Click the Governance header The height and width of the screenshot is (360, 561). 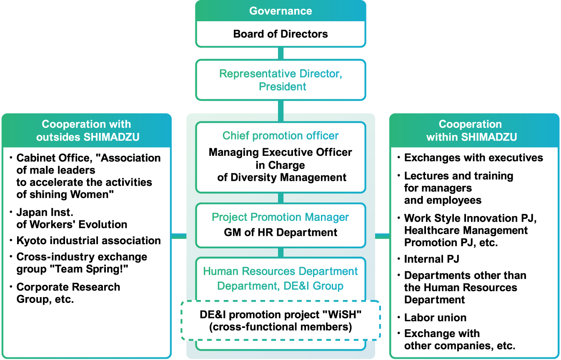point(280,11)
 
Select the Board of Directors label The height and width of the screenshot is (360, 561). point(280,34)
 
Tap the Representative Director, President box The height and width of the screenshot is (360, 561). point(280,80)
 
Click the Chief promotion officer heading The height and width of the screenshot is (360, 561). point(280,136)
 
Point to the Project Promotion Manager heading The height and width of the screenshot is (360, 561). point(280,217)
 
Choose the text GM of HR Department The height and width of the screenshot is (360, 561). point(280,232)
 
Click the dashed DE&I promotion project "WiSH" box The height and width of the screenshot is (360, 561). point(280,320)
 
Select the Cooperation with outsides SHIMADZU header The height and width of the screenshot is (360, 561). point(87,130)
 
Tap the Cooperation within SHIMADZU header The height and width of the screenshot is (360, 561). point(474,130)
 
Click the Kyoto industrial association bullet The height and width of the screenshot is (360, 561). point(88,240)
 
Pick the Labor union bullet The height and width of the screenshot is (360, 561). point(435,317)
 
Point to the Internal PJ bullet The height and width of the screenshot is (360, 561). point(431,259)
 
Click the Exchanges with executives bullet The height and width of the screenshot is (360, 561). point(473,157)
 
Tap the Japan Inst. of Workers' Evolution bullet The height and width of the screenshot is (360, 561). point(72,218)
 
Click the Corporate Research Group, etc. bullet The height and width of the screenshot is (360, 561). point(68,293)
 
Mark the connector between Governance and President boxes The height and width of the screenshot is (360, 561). point(280,53)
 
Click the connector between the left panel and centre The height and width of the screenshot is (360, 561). point(179,236)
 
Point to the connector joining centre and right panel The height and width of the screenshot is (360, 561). point(382,236)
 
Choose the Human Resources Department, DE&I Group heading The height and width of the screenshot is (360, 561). point(280,278)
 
